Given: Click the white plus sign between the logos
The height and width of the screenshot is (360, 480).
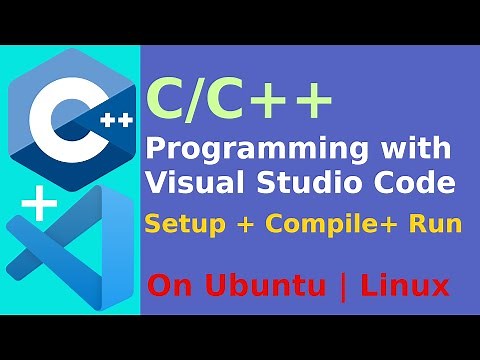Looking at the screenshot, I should tap(41, 206).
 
